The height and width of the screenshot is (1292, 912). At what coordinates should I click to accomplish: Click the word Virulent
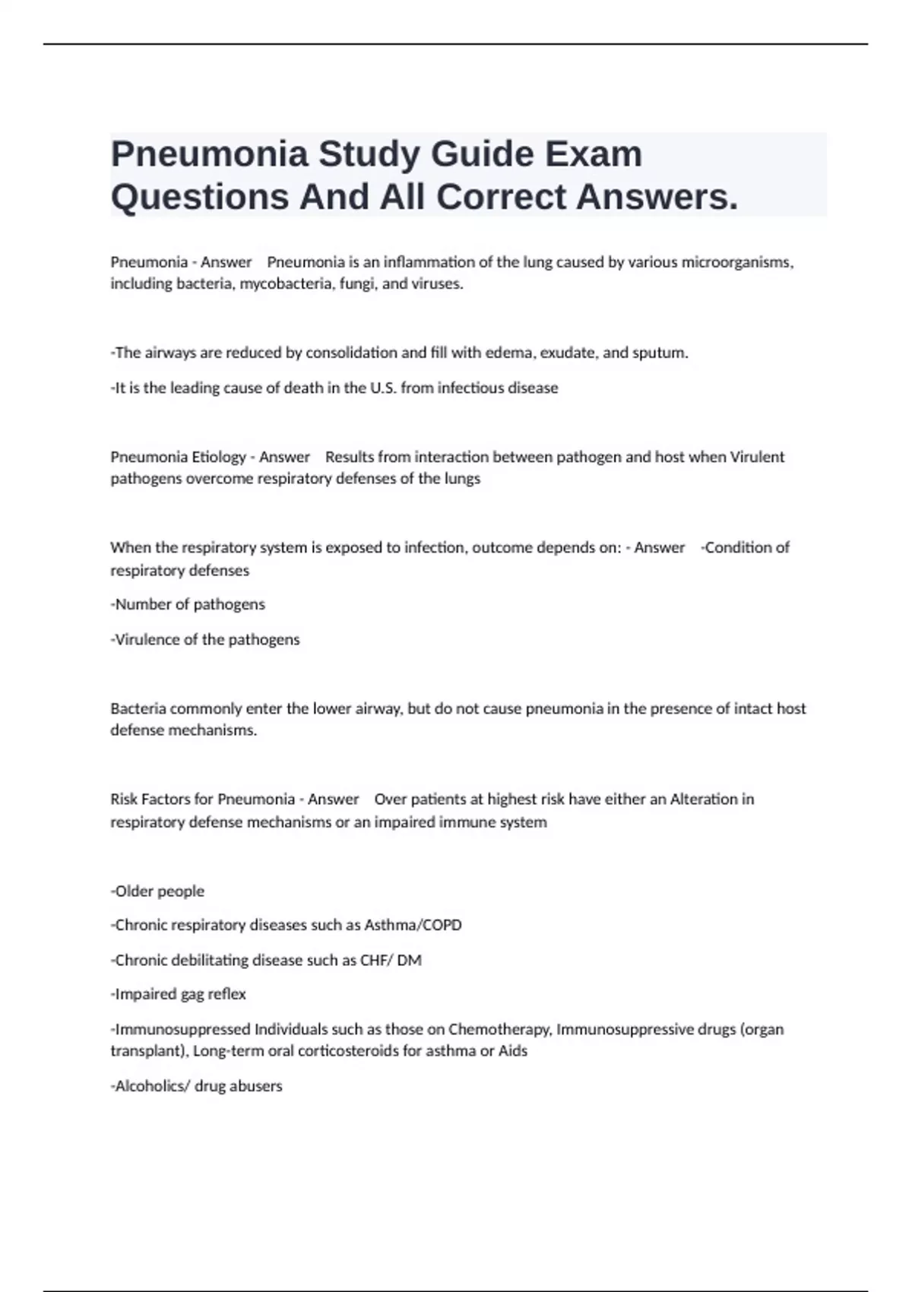point(757,457)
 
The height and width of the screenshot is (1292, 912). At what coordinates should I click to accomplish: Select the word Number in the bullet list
point(143,604)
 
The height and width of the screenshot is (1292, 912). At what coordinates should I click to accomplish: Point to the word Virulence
point(147,639)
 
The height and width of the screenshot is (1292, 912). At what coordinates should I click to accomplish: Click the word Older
point(134,891)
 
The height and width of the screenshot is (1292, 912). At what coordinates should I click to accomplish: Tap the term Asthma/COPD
point(413,925)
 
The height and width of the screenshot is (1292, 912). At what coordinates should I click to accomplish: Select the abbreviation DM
point(409,960)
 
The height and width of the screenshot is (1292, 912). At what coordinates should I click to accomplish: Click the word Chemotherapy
point(499,1029)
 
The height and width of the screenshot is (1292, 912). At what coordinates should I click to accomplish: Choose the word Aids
point(513,1051)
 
